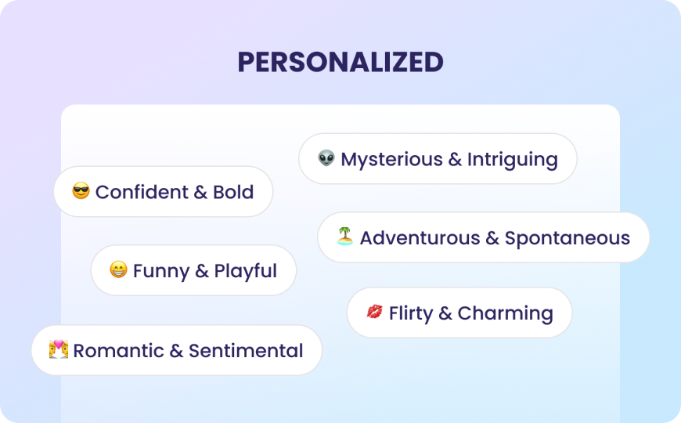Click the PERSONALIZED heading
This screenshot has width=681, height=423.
(340, 62)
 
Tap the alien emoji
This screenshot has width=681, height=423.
(326, 159)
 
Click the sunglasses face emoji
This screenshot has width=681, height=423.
(81, 191)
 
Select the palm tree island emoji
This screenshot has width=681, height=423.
(345, 237)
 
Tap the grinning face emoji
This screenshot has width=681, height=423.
(118, 271)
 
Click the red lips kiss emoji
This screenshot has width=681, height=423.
(375, 313)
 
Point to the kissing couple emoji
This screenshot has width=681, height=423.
(59, 349)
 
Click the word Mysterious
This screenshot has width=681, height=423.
(391, 160)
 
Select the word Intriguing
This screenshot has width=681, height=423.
(512, 160)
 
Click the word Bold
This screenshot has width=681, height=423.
(233, 192)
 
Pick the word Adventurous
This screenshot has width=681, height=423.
(419, 238)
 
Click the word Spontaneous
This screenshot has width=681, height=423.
(567, 238)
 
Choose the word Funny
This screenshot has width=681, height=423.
(160, 272)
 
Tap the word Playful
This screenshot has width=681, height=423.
(246, 272)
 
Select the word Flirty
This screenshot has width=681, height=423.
(411, 313)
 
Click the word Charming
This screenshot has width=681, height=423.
(505, 313)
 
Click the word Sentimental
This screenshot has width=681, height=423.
(246, 351)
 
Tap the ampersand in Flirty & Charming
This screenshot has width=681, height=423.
(445, 313)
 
